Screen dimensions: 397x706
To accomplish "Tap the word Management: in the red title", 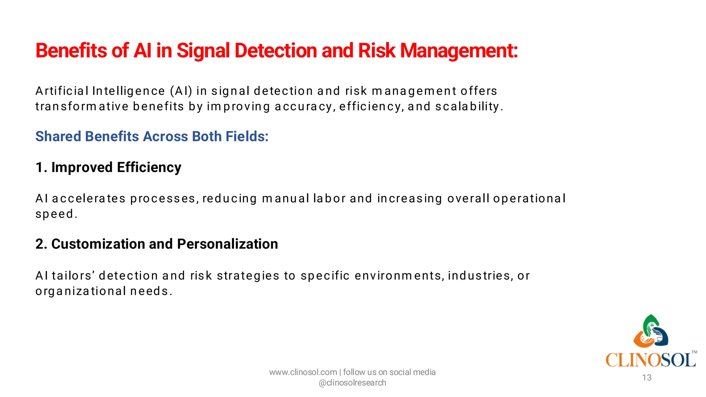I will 459,51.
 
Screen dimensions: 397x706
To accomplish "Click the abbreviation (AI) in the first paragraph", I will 181,91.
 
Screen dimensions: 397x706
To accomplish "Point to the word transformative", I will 82,106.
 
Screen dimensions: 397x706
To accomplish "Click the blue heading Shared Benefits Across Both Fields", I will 152,136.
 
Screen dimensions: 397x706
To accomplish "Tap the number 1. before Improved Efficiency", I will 41,167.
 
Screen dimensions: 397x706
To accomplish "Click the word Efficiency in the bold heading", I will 149,167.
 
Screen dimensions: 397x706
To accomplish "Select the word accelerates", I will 89,199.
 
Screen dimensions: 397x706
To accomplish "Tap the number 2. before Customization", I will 41,244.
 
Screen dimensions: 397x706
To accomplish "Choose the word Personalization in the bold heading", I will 228,244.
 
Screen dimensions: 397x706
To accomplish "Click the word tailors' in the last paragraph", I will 73,276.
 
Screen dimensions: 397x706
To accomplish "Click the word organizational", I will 81,291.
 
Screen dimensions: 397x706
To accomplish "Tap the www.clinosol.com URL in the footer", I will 303,372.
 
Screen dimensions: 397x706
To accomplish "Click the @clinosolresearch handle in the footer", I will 352,383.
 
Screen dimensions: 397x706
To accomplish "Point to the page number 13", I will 647,378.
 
